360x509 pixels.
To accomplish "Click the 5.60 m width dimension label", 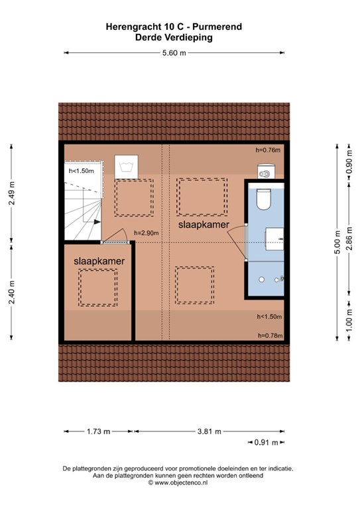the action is (174, 53).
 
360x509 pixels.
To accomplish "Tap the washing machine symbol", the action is (126, 166).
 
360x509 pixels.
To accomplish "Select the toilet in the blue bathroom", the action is (263, 199).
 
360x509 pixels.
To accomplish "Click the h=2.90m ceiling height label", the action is (147, 233).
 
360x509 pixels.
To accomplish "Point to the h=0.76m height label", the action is (268, 150).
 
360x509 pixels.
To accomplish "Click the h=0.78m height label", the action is (270, 335).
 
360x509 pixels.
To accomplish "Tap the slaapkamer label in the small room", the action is (99, 261).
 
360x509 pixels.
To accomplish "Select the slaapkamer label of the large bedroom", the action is (204, 225).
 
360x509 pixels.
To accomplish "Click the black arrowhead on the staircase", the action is (97, 222).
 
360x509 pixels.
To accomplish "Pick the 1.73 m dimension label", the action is (98, 431).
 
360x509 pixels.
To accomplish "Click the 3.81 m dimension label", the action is (210, 431).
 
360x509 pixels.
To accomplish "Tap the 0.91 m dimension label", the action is (266, 443).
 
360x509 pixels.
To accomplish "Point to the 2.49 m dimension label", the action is (12, 193).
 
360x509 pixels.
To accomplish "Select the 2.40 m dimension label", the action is (12, 292).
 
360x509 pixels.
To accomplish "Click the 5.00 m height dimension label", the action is (337, 242).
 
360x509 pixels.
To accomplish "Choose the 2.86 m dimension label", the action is (349, 239).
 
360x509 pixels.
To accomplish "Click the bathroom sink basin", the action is (274, 239).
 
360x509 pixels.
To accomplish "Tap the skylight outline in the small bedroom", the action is (98, 287).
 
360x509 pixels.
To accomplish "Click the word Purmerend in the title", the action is (217, 27).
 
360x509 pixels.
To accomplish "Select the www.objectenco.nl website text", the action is (181, 482).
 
